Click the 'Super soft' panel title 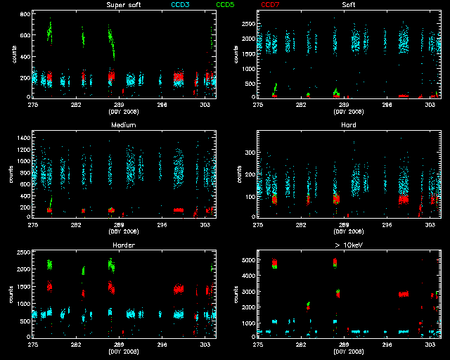click(x=122, y=5)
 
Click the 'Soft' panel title click(x=348, y=5)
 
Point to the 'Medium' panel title click(x=123, y=125)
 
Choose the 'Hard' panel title click(x=348, y=125)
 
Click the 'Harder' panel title click(x=123, y=245)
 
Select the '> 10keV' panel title click(x=348, y=245)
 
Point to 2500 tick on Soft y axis click(x=247, y=23)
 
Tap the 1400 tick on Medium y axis click(x=22, y=141)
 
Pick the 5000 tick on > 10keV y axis click(x=247, y=261)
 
